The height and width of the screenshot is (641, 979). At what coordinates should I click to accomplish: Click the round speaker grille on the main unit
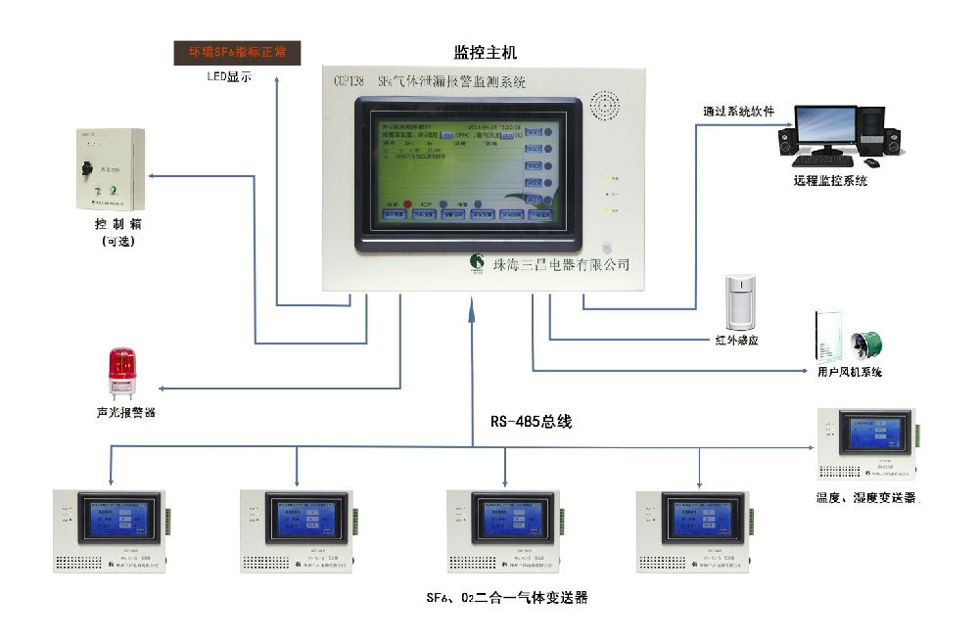pos(604,106)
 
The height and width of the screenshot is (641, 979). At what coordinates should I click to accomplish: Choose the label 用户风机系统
pos(849,373)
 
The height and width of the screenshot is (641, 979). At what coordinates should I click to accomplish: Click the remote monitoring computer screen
pos(824,127)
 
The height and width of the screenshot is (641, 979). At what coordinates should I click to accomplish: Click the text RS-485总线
pos(531,423)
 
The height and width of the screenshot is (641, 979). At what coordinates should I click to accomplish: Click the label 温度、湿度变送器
pos(866,498)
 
